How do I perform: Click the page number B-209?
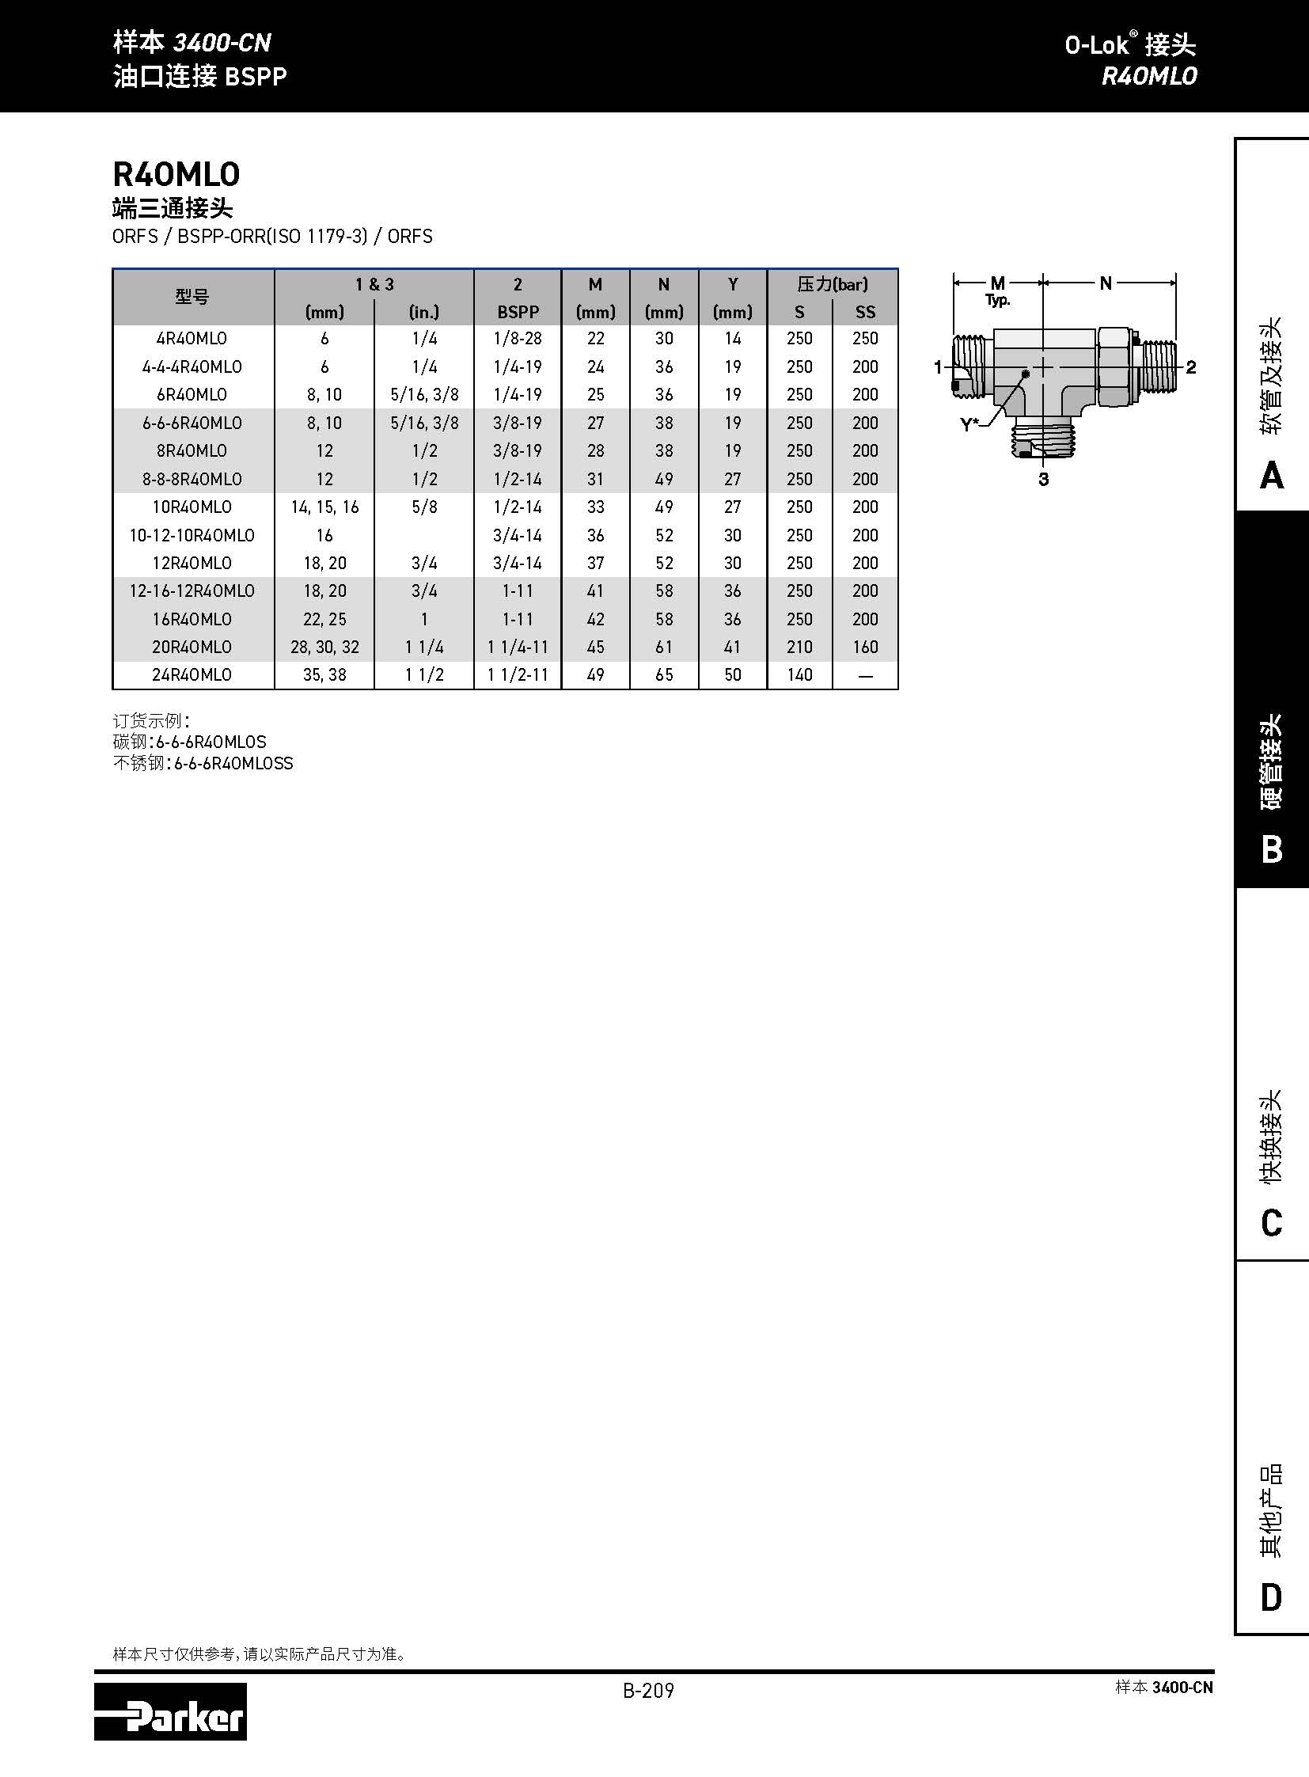tap(648, 1691)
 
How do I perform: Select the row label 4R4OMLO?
tap(192, 339)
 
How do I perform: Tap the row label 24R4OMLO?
tap(192, 674)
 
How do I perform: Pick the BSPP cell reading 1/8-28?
tap(518, 339)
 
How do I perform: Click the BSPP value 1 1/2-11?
tap(518, 674)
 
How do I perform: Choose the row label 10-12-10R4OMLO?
tap(192, 535)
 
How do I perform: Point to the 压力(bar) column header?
tap(832, 283)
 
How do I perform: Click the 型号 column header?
tap(192, 298)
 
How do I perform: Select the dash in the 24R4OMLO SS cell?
tap(865, 675)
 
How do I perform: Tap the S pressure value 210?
tap(799, 647)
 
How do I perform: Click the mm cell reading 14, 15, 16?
tap(324, 507)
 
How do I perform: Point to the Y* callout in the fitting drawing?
tap(969, 424)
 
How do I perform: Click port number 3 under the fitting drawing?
tap(1044, 479)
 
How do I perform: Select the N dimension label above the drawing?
tap(1106, 283)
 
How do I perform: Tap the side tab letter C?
tap(1271, 1223)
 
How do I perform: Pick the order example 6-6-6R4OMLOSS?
tap(233, 763)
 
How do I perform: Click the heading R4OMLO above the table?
tap(176, 173)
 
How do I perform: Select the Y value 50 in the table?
tap(733, 674)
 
